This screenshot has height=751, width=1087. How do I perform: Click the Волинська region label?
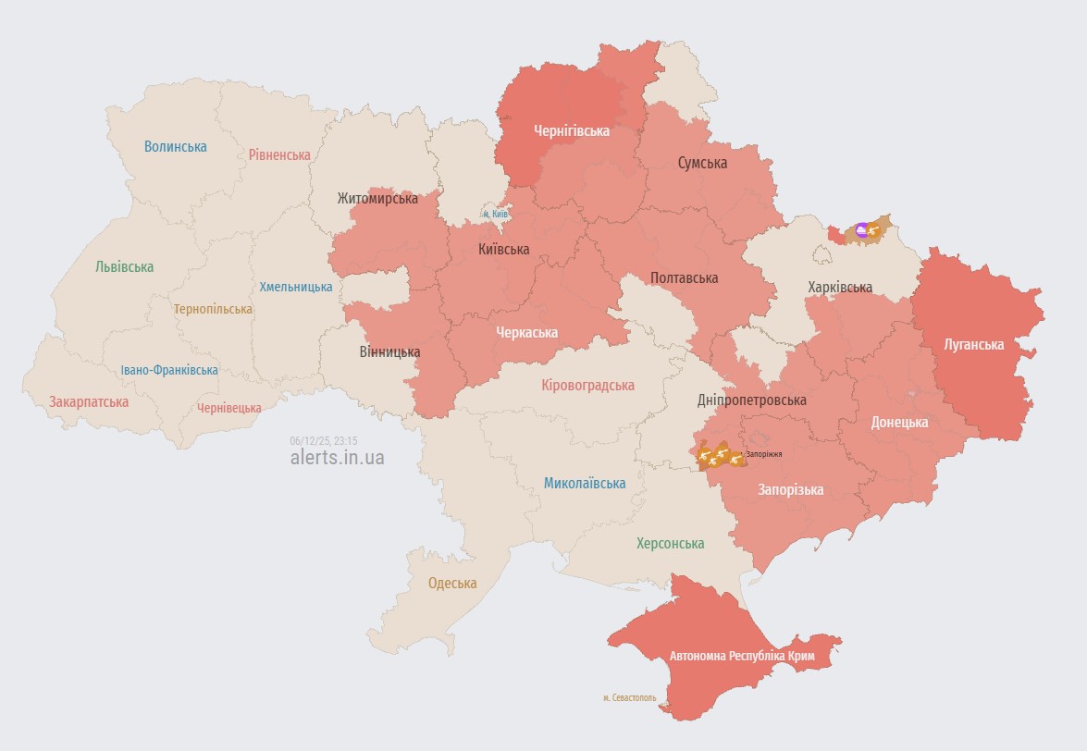[x=176, y=147]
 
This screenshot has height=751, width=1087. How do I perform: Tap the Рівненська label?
[x=279, y=154]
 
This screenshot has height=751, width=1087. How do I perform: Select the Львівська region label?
[x=124, y=267]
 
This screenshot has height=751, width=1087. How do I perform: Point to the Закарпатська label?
[x=89, y=402]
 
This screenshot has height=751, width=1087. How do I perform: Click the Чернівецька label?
[x=229, y=408]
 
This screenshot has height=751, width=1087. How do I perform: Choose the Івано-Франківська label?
[x=169, y=370]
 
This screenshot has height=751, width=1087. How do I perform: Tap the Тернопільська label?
[x=213, y=309]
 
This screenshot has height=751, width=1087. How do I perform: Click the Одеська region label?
[x=452, y=584]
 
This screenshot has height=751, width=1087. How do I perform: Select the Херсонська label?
[x=670, y=544]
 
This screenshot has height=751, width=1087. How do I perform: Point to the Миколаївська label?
[x=584, y=483]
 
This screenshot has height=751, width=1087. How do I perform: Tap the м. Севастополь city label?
[x=629, y=697]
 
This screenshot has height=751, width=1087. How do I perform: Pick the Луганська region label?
[x=973, y=345]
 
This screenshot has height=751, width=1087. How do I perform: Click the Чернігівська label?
[x=571, y=131]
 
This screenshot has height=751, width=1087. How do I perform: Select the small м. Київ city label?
[x=495, y=215]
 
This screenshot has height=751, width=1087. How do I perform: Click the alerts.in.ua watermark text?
[x=337, y=457]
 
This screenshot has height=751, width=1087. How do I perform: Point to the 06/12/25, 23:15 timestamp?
[x=323, y=441]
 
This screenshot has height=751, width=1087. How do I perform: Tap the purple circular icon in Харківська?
[x=862, y=229]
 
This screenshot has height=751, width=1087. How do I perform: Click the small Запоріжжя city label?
[x=764, y=454]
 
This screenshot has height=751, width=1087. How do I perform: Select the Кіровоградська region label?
[x=587, y=385]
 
